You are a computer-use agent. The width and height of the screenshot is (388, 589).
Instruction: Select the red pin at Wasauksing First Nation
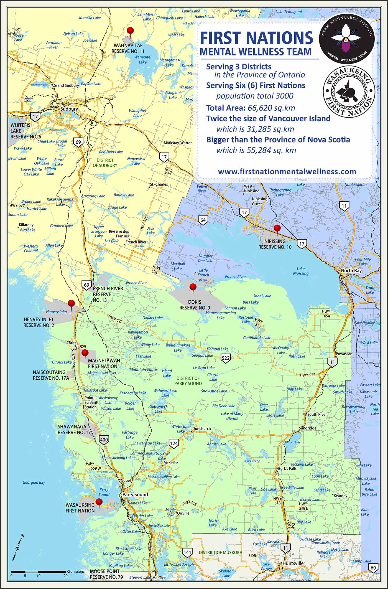99,502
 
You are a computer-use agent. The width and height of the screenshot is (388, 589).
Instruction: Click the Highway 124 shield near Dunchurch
174,443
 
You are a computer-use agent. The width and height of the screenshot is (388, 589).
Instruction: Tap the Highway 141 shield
187,552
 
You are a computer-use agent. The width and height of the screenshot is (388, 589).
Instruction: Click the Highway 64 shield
203,220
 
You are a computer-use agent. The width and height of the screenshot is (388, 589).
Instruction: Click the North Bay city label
351,271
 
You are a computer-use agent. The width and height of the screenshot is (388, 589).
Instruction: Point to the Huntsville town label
293,563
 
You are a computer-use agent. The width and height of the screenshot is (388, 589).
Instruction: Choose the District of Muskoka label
220,552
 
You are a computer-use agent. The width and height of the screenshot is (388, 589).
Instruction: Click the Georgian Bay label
34,483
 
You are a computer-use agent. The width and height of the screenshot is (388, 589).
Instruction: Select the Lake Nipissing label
300,271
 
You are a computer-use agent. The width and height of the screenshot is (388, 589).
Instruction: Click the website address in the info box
287,171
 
